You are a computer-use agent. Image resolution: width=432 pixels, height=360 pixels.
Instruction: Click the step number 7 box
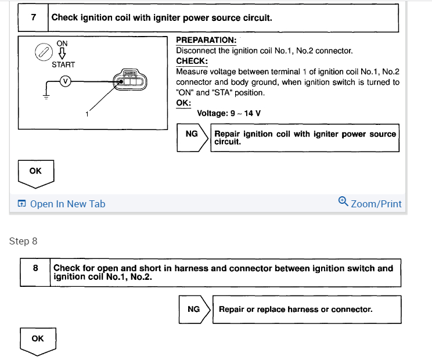(34, 17)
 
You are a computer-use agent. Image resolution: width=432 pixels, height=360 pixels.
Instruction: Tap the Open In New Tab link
(67, 204)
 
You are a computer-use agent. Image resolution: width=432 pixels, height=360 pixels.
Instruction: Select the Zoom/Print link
(376, 204)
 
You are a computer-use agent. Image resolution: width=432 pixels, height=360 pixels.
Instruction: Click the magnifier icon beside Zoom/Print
(343, 201)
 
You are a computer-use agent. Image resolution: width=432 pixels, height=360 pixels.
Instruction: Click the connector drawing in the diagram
(130, 81)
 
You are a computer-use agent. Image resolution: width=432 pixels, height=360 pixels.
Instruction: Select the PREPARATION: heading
(206, 40)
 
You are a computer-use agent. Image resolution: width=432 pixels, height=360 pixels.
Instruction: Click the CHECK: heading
(192, 61)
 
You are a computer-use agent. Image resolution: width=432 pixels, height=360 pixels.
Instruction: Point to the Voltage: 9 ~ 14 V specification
(229, 113)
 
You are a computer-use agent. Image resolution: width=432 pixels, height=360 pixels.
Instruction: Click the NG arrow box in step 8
(195, 309)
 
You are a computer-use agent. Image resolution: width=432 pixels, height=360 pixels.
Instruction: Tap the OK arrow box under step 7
(36, 172)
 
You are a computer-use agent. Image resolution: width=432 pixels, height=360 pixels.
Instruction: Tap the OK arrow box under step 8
(38, 340)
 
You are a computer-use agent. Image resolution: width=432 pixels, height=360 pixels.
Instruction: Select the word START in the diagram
(63, 64)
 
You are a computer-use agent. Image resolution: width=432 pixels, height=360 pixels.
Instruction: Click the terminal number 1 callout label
(87, 114)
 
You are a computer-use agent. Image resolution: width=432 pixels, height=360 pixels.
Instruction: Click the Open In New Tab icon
(21, 204)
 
